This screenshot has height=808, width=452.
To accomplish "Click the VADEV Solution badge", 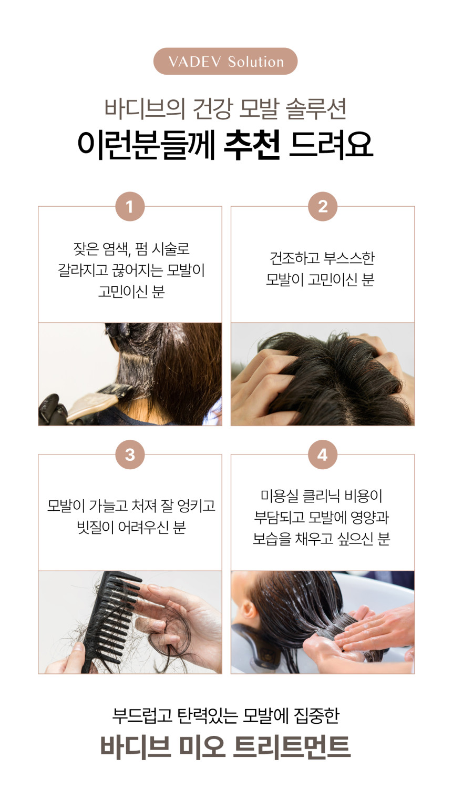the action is tap(225, 62).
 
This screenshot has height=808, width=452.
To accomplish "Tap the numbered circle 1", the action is tap(130, 207).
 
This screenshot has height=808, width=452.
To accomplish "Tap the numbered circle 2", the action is tap(323, 207).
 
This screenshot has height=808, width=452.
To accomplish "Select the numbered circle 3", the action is tap(130, 454).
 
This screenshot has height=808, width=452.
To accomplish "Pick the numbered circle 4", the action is tap(323, 454).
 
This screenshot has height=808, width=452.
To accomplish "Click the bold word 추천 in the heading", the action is tap(252, 145).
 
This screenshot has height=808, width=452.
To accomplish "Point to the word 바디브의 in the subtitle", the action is tap(145, 108).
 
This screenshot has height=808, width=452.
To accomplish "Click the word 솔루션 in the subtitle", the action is tap(316, 108).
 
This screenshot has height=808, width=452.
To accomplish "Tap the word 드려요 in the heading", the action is tap(331, 145).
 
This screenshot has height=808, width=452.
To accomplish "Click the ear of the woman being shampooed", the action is tap(249, 610).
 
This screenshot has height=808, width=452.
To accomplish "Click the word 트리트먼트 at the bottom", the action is tap(292, 746).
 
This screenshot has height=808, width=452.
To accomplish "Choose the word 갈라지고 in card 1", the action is tap(83, 270).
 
